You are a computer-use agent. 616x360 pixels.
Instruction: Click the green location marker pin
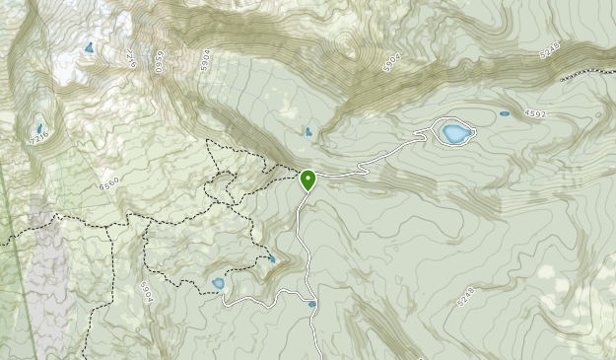click(x=308, y=180)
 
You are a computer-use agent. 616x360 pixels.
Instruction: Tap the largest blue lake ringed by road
click(x=454, y=132)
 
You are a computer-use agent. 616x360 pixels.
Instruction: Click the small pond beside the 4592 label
click(x=505, y=113)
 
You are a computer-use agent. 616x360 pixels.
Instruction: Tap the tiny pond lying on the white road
click(x=312, y=305)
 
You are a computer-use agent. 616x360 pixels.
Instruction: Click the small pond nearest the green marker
click(x=308, y=132)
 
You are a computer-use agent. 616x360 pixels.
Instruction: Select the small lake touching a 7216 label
click(x=39, y=129)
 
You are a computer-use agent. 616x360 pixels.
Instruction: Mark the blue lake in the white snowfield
click(x=90, y=46)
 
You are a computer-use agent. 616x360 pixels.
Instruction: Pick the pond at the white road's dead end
click(x=218, y=284)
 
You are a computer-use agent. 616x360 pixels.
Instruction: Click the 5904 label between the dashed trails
click(x=149, y=292)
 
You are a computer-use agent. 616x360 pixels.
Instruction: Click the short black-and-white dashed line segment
click(x=587, y=73)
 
